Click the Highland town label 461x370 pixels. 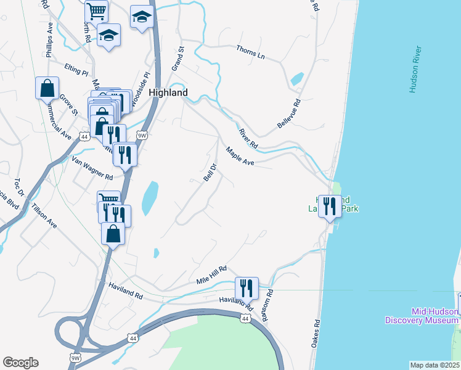[x=168, y=92]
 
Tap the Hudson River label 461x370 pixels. [x=415, y=69]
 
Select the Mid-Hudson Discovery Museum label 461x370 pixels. [x=422, y=316]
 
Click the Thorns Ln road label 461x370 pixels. [x=251, y=53]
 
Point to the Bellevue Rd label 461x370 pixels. [x=288, y=113]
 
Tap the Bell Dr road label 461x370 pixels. [x=210, y=172]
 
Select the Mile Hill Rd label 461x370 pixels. [x=212, y=274]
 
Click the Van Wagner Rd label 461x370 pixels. [x=92, y=168]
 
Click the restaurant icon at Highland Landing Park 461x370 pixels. [x=330, y=206]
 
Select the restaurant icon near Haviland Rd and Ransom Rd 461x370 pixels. [x=246, y=288]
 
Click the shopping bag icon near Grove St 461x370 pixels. [x=47, y=89]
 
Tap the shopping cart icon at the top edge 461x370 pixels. [x=96, y=11]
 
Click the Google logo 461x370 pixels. [x=20, y=363]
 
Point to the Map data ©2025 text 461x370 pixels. [x=434, y=365]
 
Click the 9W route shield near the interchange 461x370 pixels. [x=76, y=356]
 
